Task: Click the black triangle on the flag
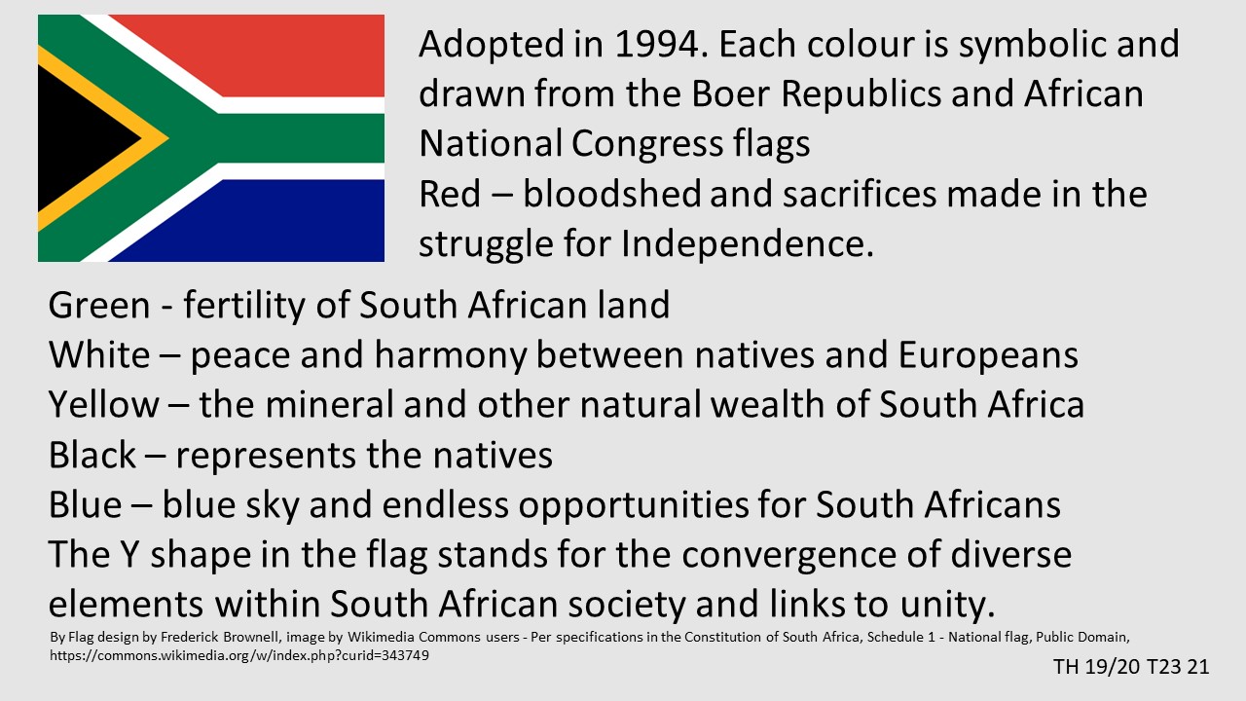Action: coord(78,138)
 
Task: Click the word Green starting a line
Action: coord(99,305)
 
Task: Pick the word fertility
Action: coord(244,306)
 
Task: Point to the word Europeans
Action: coord(988,356)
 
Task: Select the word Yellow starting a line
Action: coord(104,404)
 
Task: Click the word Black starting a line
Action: coord(92,455)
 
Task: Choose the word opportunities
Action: coord(633,506)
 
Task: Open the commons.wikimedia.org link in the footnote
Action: coord(239,655)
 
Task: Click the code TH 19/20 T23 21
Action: coord(1131,667)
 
